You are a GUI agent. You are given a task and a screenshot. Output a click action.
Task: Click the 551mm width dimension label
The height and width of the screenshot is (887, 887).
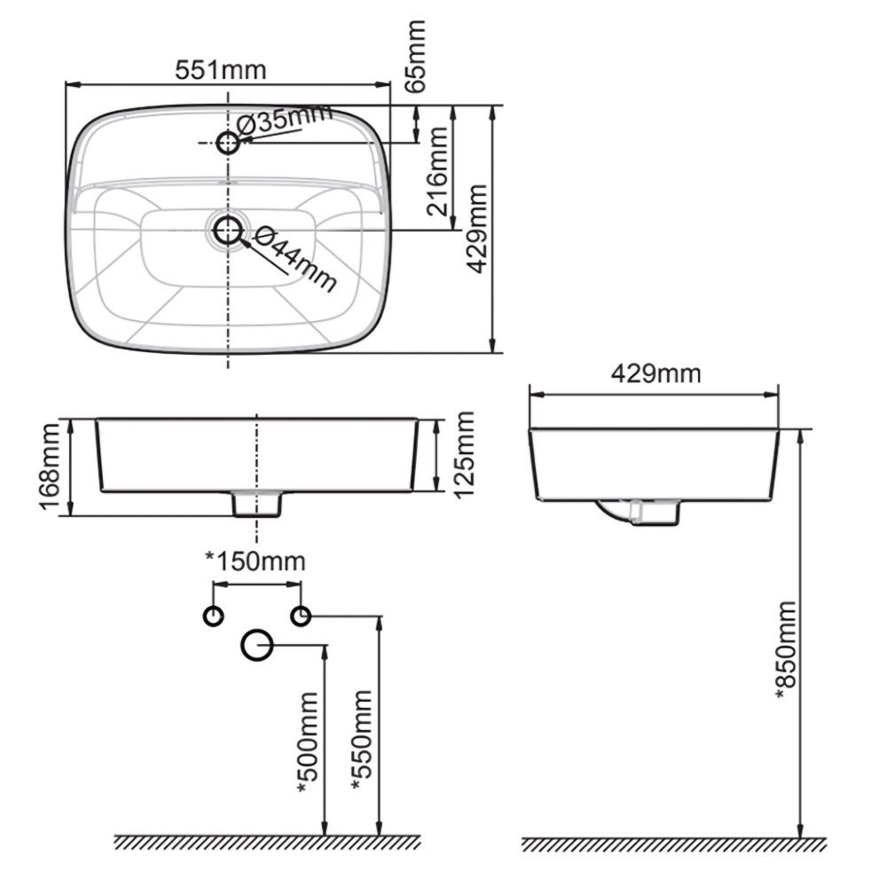[x=220, y=70]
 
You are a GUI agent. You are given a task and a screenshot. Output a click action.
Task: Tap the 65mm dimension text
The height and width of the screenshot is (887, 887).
[x=416, y=55]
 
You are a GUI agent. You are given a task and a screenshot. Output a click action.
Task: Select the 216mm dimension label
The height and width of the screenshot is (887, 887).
[x=438, y=171]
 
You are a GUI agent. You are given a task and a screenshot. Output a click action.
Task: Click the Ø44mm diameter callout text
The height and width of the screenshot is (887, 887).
[x=294, y=259]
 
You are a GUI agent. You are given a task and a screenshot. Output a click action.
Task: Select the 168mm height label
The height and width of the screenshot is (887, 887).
[x=50, y=467]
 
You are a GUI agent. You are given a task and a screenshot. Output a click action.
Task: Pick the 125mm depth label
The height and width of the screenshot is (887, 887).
[x=463, y=455]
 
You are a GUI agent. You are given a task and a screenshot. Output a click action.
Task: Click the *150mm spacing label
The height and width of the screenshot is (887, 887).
[x=255, y=561]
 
